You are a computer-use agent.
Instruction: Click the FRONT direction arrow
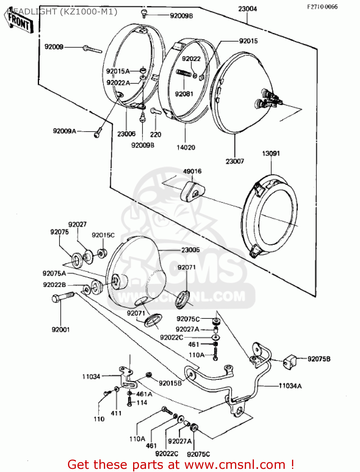19,22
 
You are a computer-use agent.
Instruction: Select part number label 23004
247,9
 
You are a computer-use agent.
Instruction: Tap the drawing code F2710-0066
322,7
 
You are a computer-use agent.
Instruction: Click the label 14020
186,147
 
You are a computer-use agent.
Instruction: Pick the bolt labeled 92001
63,297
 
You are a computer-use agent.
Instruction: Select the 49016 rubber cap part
192,190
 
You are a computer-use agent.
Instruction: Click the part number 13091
271,153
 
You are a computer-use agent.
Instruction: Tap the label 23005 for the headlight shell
190,250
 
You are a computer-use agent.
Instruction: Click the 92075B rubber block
290,362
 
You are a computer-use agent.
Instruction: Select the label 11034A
290,386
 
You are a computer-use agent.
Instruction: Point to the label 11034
91,377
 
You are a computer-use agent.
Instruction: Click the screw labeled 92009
92,49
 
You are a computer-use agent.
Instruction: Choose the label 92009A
65,131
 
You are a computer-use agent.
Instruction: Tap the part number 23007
235,161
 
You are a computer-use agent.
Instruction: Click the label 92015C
103,235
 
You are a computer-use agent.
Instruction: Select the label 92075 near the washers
59,232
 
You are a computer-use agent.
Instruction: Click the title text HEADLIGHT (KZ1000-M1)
62,12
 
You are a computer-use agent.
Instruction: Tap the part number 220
155,135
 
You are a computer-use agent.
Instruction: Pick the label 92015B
170,383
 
